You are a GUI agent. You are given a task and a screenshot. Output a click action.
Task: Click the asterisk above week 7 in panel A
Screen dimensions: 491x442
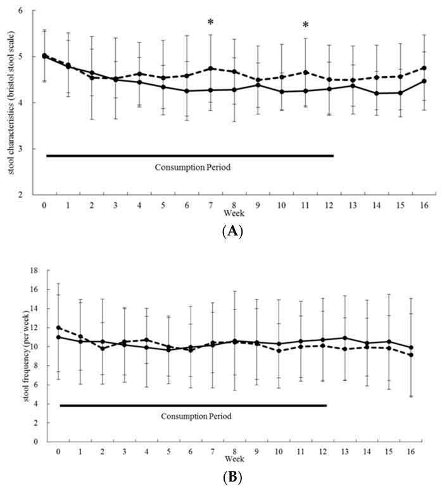(x=210, y=23)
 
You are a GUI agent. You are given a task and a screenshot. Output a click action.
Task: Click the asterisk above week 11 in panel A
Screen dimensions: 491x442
(x=305, y=26)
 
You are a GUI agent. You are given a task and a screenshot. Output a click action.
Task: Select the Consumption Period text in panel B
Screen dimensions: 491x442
(x=196, y=416)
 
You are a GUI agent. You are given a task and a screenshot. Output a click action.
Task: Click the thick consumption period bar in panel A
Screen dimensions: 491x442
(x=189, y=155)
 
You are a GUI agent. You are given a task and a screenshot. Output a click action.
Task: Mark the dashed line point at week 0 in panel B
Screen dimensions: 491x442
(x=58, y=328)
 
